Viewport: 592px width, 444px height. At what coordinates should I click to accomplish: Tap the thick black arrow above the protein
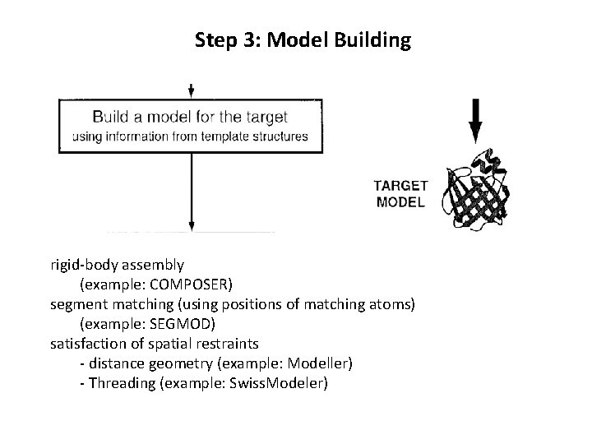(x=474, y=119)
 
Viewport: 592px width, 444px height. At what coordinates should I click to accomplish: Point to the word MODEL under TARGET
(x=400, y=201)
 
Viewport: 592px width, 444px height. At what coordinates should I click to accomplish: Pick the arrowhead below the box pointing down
(x=191, y=223)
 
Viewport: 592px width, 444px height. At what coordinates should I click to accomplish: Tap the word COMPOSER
(x=192, y=285)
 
